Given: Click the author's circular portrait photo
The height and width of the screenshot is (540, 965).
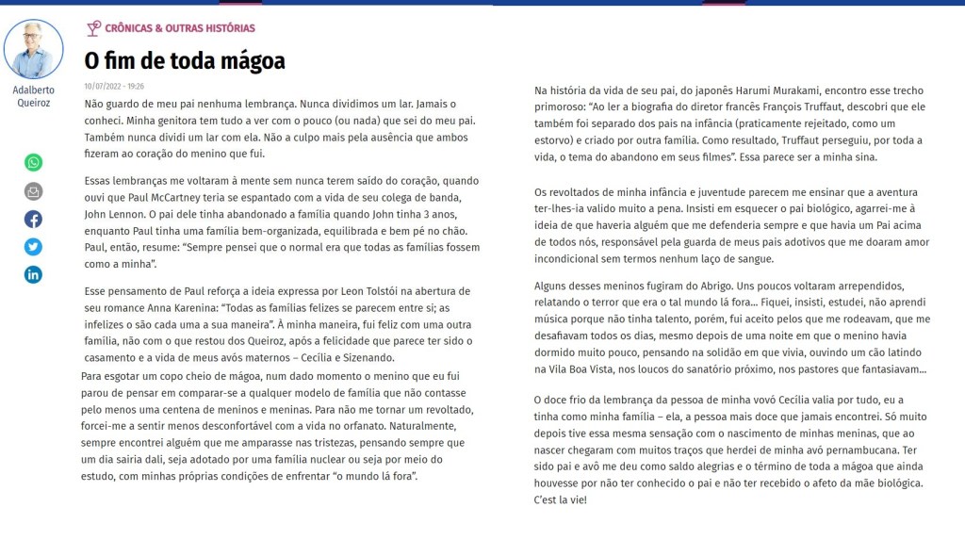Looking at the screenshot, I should (34, 49).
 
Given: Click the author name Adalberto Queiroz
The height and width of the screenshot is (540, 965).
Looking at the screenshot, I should (33, 96).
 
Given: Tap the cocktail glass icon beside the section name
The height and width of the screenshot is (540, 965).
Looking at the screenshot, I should (93, 28).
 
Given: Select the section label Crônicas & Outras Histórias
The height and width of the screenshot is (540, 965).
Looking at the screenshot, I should (180, 28).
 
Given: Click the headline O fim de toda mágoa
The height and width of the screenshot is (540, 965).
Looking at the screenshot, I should (185, 61).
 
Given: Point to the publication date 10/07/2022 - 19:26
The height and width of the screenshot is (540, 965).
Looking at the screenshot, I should (114, 86).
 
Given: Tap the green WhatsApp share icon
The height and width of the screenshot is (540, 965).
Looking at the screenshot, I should (33, 162).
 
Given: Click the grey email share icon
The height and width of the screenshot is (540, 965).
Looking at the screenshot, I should (33, 191).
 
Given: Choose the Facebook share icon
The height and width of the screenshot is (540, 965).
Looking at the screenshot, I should (33, 219).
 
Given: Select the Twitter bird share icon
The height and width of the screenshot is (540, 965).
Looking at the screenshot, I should (33, 247).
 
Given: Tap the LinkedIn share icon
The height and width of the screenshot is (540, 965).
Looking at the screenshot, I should (33, 275).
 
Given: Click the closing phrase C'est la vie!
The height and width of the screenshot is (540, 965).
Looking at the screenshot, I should (560, 499).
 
